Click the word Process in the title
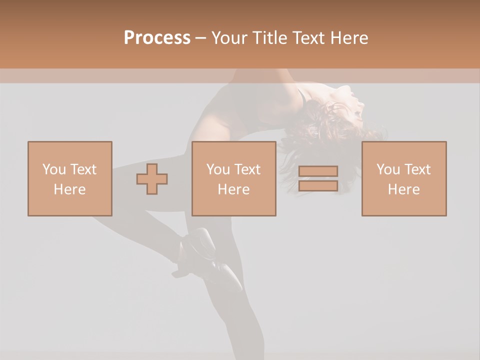click(157, 38)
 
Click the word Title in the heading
click(268, 38)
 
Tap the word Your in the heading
click(229, 38)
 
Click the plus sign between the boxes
click(152, 179)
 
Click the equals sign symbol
click(318, 178)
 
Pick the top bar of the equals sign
click(318, 171)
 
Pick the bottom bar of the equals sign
click(318, 185)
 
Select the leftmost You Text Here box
click(70, 178)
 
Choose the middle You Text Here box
click(234, 178)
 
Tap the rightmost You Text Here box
click(404, 178)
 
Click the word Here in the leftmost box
click(70, 189)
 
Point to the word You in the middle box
click(218, 169)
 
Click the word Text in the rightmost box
click(417, 169)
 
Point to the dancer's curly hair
click(315, 125)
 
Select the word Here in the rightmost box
click(404, 189)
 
